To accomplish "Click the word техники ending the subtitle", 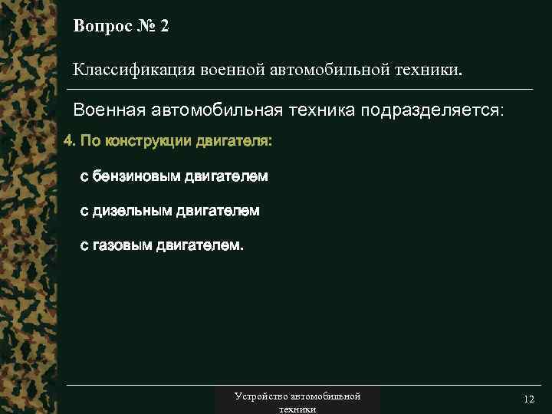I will point(429,71).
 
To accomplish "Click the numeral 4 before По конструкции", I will point(67,143).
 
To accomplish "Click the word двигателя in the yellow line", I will point(233,143).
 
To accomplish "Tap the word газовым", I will point(123,246).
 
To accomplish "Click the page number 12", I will point(528,400).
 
